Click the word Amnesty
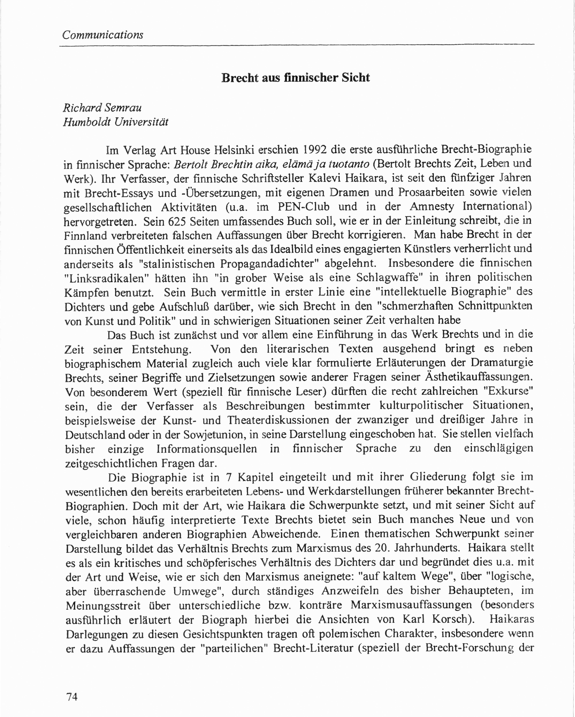coord(432,206)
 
